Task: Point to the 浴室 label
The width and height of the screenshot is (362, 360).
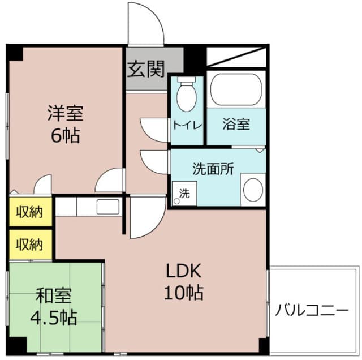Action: (236, 125)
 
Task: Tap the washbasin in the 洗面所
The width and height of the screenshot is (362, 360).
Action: (252, 190)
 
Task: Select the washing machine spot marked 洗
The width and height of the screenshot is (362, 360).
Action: (184, 192)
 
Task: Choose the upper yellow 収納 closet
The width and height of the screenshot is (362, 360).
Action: (29, 212)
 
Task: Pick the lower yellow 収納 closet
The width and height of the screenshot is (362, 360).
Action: (29, 244)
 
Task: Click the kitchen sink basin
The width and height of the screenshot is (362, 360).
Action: (107, 207)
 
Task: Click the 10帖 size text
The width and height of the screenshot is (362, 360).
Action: (184, 293)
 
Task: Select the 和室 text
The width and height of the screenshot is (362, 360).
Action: (54, 295)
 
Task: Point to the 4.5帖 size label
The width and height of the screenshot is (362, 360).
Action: (54, 317)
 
